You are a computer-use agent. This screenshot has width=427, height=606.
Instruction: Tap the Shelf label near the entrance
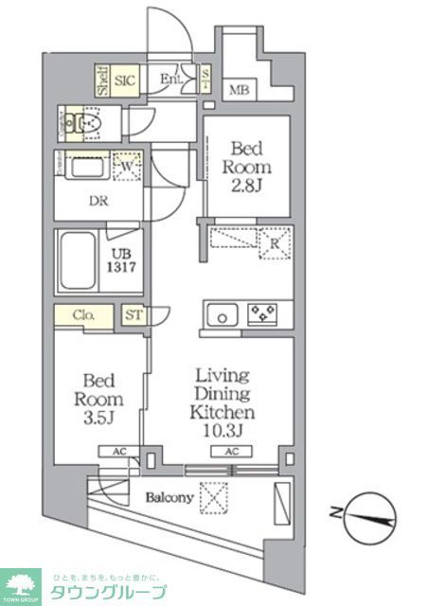(102, 81)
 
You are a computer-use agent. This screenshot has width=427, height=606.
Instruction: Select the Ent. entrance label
(171, 80)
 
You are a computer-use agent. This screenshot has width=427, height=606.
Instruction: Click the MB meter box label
(237, 90)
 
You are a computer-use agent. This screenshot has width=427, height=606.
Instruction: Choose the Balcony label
(169, 497)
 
